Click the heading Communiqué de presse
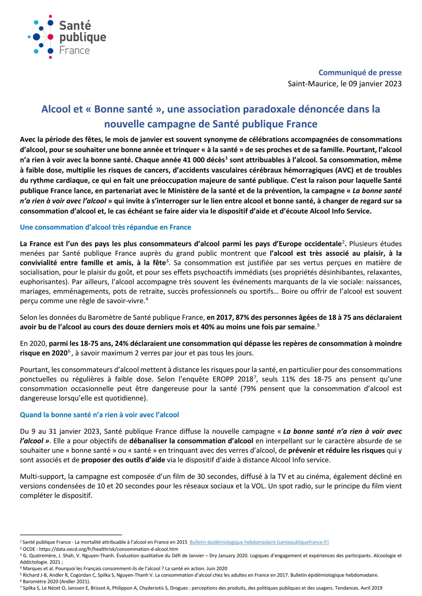coord(360,72)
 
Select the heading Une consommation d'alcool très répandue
coord(105,227)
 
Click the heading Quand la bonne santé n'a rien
coord(99,415)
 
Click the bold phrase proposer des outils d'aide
coord(123,460)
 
